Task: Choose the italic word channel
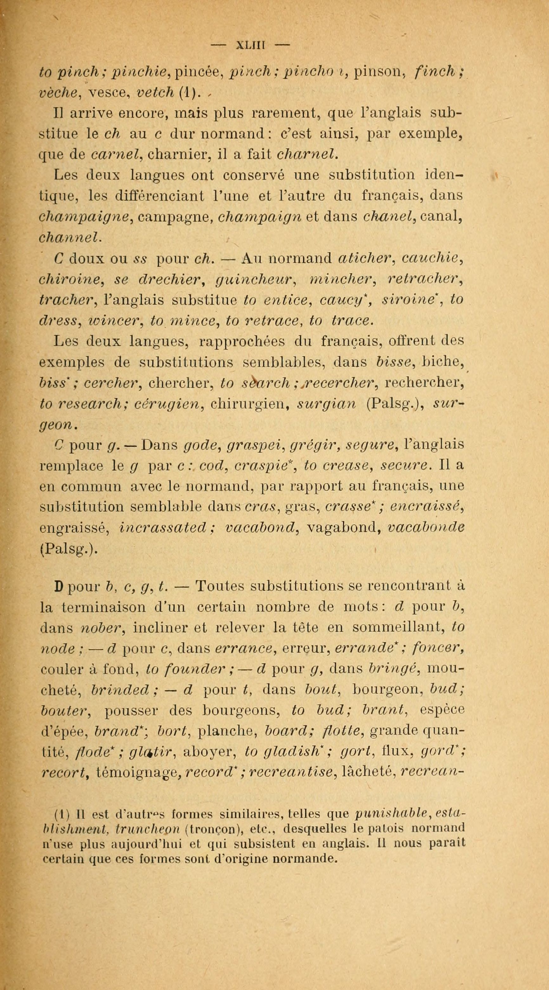click(70, 238)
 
